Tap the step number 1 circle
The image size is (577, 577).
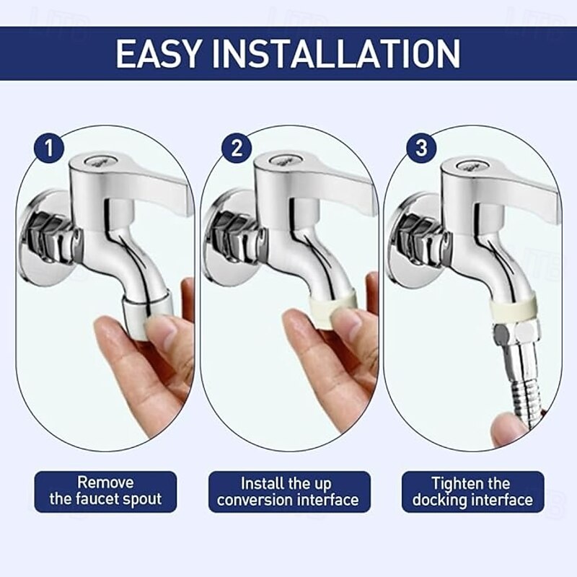[49, 149]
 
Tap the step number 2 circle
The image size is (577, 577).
[236, 149]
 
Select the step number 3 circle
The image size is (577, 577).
[422, 149]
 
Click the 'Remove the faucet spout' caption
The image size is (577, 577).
[105, 490]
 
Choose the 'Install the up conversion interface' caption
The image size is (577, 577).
[288, 490]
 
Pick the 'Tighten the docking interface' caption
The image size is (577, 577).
[472, 490]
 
